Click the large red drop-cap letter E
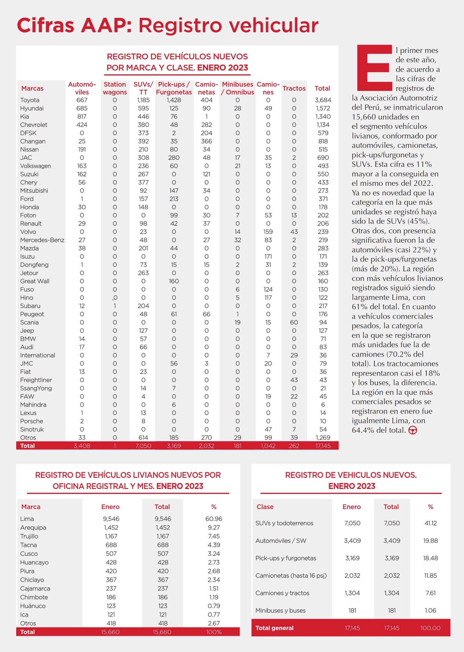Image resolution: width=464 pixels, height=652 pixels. (374, 68)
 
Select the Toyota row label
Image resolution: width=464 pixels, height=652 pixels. (30, 100)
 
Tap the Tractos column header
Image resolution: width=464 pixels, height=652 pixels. (294, 88)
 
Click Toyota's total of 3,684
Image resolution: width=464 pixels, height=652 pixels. (323, 100)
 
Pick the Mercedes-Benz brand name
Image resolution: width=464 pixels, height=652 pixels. (42, 240)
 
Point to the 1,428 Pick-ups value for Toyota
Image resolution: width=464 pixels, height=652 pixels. (174, 100)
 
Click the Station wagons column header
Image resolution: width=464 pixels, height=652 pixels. (115, 88)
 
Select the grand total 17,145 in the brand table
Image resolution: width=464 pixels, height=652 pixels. (323, 445)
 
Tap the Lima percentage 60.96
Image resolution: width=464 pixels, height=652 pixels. (214, 519)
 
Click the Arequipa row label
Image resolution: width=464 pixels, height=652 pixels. (33, 527)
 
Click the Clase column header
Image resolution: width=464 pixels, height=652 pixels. (265, 507)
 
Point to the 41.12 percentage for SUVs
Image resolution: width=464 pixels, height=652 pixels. (430, 523)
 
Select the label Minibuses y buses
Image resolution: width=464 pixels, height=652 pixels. (280, 610)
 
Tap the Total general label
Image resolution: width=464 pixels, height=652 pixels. (274, 628)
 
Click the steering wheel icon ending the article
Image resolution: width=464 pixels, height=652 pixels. (413, 430)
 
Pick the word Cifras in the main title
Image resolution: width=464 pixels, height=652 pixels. (46, 25)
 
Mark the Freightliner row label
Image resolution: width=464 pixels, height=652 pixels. (36, 380)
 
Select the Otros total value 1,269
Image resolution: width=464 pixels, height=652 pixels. (323, 437)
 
